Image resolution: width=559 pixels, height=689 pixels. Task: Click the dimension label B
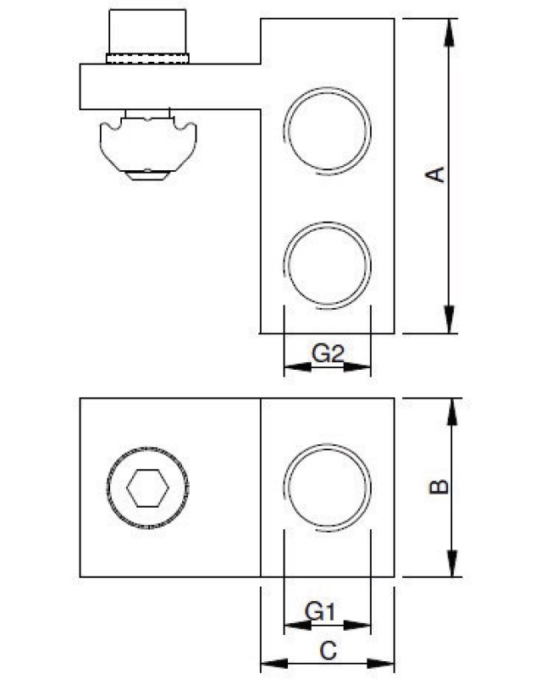coord(437,488)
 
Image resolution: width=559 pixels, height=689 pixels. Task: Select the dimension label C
coord(328,651)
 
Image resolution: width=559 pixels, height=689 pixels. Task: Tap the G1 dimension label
coord(321,610)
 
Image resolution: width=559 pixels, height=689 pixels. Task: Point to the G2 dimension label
coord(328,353)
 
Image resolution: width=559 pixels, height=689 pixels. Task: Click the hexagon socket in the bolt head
coord(147,488)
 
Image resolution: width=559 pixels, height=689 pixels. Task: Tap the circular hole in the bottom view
coord(328,488)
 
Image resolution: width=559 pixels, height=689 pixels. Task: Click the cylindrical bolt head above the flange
coord(147,32)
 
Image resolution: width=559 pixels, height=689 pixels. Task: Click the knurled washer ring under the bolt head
coord(147,58)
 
